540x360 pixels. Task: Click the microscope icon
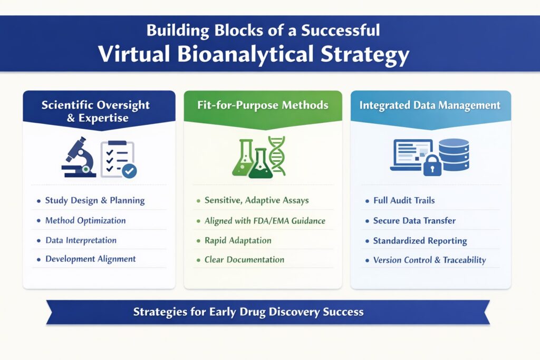(78, 157)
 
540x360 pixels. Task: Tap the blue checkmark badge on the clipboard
(129, 170)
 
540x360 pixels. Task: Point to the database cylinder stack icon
(454, 154)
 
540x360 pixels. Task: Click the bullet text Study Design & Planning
(95, 200)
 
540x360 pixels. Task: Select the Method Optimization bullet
(85, 220)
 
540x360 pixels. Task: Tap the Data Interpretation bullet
(81, 240)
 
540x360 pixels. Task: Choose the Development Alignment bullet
(90, 259)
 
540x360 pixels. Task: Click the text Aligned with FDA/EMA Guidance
(265, 221)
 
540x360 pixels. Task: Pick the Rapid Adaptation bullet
(238, 240)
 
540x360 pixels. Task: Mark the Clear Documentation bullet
(244, 259)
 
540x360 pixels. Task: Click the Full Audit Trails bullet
(404, 201)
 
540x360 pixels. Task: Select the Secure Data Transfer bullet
(414, 221)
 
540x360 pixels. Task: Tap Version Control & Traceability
(429, 260)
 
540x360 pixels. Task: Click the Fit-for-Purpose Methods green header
(263, 105)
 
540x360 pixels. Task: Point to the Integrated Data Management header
(430, 105)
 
